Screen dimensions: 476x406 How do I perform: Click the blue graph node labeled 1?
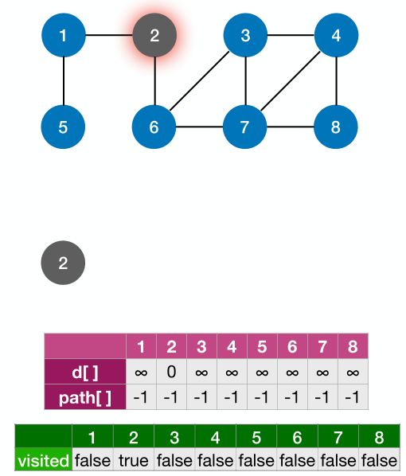pos(63,35)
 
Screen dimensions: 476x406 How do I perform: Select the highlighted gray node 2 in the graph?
pos(154,35)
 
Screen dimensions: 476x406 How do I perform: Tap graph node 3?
pos(245,35)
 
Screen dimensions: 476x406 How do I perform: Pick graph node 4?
pos(337,35)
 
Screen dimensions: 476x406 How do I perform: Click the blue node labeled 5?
pos(63,127)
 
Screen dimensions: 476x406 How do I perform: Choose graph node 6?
pos(154,127)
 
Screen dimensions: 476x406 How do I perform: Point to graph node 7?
pos(245,127)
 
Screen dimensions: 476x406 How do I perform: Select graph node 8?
pos(337,127)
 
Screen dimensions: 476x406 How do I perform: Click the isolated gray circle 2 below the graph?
pos(63,263)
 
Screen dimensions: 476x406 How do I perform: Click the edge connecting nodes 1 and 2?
pos(108,35)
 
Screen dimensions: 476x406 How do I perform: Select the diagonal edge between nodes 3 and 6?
pos(200,80)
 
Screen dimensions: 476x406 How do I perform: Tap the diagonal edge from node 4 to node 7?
pos(291,80)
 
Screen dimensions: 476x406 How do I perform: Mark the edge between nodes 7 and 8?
pos(291,127)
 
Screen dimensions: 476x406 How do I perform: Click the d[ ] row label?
pos(85,372)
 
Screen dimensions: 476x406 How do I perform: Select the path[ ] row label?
pos(85,396)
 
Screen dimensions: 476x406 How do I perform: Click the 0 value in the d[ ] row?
pos(171,372)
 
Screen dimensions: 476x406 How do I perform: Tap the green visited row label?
pos(44,460)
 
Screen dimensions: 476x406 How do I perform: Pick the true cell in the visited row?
pos(133,460)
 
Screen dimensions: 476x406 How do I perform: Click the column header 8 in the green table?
pos(378,436)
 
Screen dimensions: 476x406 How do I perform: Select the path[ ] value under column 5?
pos(262,396)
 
